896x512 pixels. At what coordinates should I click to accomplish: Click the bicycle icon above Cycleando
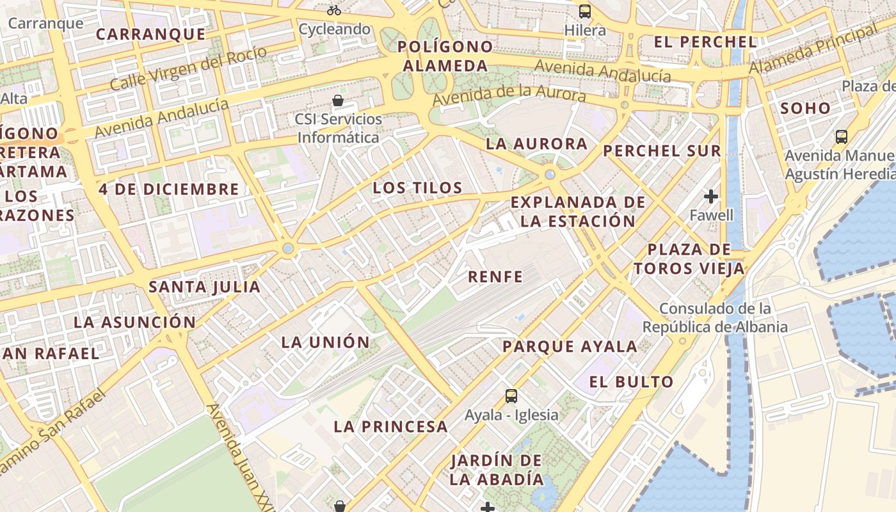click(x=333, y=10)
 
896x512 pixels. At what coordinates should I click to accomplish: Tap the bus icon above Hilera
click(x=585, y=12)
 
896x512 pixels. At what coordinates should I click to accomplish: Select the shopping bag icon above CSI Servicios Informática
click(x=338, y=100)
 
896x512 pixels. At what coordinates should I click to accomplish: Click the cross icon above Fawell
click(x=711, y=196)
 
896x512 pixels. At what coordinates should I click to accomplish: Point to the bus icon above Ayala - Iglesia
click(x=511, y=396)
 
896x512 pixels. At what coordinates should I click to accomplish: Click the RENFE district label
click(x=495, y=277)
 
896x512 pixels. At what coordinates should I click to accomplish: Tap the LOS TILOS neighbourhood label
click(x=417, y=188)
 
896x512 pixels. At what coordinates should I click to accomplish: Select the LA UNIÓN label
click(x=326, y=342)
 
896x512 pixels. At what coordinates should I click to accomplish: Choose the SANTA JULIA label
click(x=205, y=287)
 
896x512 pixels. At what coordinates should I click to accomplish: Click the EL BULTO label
click(x=631, y=382)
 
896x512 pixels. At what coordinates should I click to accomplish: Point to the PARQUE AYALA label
click(x=570, y=347)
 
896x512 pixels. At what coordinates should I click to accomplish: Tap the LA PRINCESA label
click(x=390, y=426)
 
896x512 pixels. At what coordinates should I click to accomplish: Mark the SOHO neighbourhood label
click(x=805, y=108)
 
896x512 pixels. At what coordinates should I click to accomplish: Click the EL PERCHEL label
click(x=705, y=42)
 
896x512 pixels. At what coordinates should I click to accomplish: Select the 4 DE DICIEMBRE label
click(x=168, y=189)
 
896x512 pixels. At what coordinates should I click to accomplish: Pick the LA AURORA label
click(x=536, y=144)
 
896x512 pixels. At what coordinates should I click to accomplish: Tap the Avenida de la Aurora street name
click(x=509, y=95)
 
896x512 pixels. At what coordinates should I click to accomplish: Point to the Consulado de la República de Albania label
click(x=715, y=318)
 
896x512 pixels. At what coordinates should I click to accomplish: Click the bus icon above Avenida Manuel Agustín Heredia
click(x=841, y=136)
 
